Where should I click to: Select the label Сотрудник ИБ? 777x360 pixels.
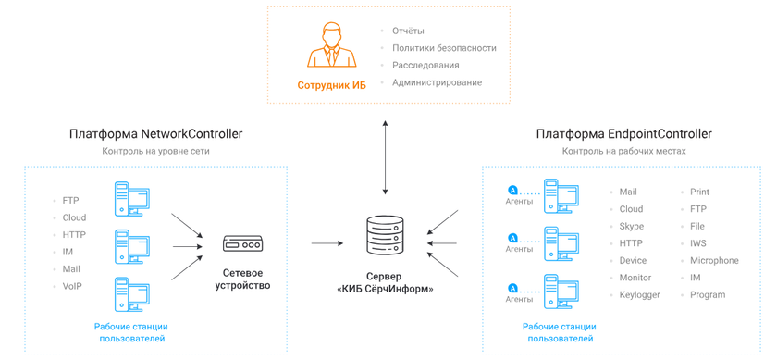pyautogui.click(x=331, y=85)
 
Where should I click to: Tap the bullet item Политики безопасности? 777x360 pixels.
pyautogui.click(x=444, y=48)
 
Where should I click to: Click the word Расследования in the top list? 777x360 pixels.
pyautogui.click(x=425, y=66)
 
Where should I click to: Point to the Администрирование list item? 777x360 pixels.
pyautogui.click(x=437, y=82)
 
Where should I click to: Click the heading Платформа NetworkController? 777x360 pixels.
pyautogui.click(x=155, y=134)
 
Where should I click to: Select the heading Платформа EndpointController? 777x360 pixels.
pyautogui.click(x=623, y=134)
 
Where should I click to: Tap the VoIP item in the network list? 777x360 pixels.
pyautogui.click(x=72, y=287)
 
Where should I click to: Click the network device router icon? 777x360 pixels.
pyautogui.click(x=242, y=244)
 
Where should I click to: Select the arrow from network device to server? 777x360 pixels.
pyautogui.click(x=328, y=243)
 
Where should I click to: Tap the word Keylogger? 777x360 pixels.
pyautogui.click(x=640, y=295)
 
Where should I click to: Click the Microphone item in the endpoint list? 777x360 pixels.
pyautogui.click(x=714, y=261)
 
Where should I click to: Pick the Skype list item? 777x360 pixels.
pyautogui.click(x=632, y=227)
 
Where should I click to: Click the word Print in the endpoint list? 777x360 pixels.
pyautogui.click(x=699, y=192)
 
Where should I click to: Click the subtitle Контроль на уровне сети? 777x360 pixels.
pyautogui.click(x=155, y=151)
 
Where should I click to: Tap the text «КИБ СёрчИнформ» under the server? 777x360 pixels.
pyautogui.click(x=385, y=289)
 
